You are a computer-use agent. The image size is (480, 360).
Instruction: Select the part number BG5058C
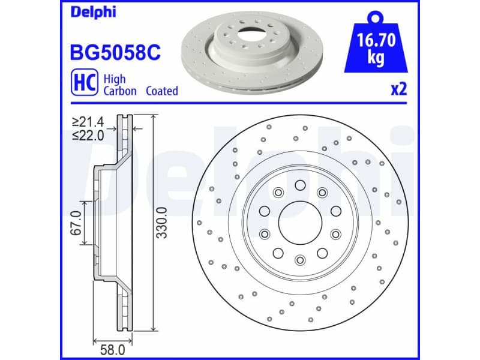tap(116, 54)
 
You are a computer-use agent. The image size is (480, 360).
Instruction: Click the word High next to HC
tap(114, 78)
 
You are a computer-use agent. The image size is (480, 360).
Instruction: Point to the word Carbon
tap(120, 91)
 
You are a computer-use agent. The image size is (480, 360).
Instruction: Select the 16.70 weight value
tap(376, 42)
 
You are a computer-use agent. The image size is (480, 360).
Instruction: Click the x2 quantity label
tap(399, 90)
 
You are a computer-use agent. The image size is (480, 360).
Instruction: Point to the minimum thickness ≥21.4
tap(88, 122)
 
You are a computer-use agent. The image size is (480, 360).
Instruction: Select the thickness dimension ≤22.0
tap(88, 135)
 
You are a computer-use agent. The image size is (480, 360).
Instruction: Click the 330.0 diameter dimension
tap(161, 222)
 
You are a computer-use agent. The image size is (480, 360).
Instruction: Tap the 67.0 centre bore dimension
tap(76, 223)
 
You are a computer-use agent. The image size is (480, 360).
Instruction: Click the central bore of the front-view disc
tap(299, 222)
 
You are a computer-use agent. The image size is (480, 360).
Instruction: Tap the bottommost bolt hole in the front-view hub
tap(299, 259)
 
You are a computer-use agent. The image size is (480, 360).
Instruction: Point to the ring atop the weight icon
tap(376, 16)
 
